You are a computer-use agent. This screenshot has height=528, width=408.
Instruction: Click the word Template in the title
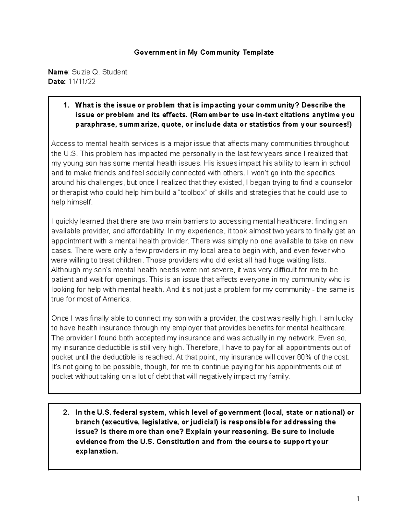click(258, 52)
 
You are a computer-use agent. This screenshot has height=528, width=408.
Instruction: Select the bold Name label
click(58, 72)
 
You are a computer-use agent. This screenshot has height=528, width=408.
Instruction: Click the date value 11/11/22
click(82, 82)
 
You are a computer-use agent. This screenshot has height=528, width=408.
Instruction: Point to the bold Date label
click(57, 82)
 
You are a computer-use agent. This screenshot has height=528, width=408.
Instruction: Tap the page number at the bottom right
click(358, 499)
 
